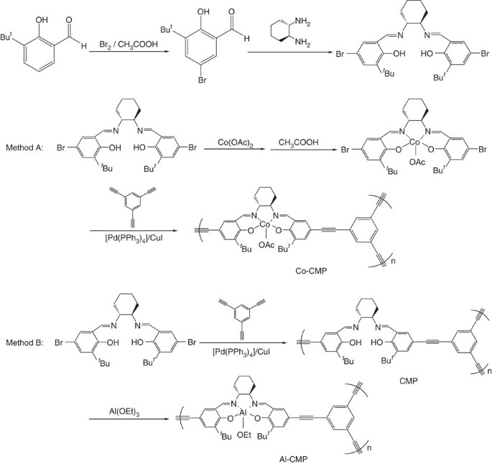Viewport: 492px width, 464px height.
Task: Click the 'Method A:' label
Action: coord(25,148)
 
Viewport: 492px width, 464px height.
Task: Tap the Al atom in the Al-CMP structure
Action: coord(264,411)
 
